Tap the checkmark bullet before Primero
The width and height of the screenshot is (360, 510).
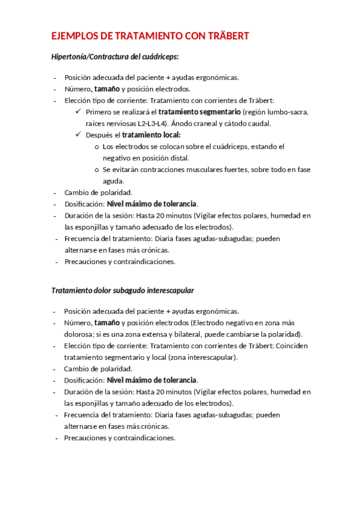[x=79, y=112]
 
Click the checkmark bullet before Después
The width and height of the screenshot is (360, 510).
[x=79, y=135]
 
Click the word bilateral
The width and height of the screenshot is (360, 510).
[x=185, y=334]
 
